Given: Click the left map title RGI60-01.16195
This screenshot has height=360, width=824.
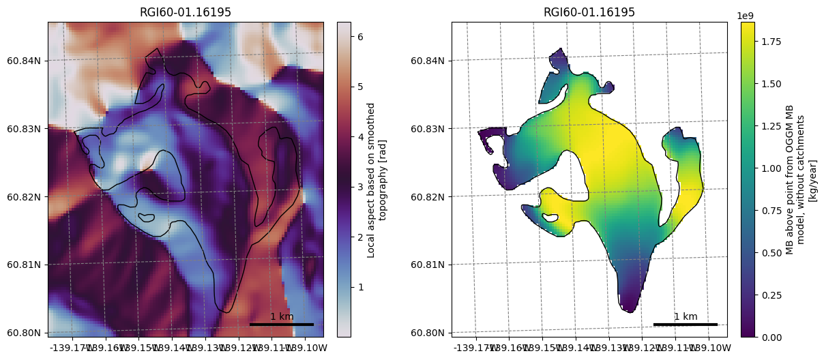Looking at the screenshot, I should [186, 12].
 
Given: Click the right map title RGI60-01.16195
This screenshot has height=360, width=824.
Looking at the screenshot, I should [589, 12].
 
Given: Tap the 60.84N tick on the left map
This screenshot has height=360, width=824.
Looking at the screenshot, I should [25, 61].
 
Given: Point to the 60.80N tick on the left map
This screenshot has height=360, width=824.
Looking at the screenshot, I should [25, 333].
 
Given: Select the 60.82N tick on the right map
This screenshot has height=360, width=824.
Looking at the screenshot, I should [428, 196].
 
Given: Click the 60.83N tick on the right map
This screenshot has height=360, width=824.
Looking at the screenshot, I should [428, 128].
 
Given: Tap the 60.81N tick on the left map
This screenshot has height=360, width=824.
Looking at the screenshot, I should [25, 265].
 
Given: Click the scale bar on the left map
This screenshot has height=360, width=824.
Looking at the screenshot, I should [282, 325].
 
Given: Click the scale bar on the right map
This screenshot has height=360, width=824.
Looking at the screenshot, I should [686, 325].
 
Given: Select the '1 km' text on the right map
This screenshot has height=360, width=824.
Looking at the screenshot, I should [686, 316].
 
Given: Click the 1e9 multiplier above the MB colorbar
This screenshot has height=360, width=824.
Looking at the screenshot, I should [748, 14].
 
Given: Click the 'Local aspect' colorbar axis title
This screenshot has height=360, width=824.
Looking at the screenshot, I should [377, 180].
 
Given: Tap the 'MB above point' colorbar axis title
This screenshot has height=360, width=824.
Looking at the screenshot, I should [801, 180].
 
